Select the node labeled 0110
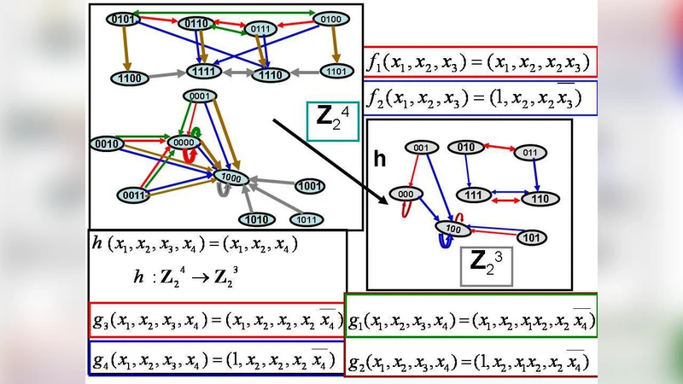coord(197,23)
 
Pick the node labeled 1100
coord(127,78)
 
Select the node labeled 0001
coord(199,96)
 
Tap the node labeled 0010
coord(108,143)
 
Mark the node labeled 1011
coord(305,219)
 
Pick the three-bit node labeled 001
coord(421,148)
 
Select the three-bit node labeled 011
coord(529,153)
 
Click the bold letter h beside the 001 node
coord(381,160)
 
